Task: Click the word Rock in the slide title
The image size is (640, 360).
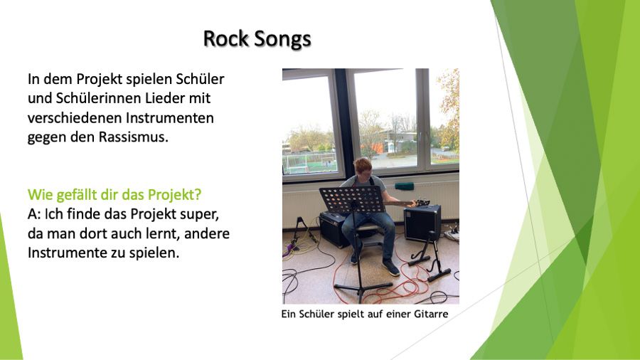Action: [x=225, y=39]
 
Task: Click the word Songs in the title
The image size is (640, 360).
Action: [x=282, y=40]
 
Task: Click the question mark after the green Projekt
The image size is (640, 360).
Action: [x=198, y=195]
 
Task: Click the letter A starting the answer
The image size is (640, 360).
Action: [x=32, y=214]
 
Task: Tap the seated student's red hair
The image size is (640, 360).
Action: [x=363, y=165]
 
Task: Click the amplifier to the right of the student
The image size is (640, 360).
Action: [x=422, y=223]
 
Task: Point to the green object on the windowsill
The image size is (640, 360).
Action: [x=404, y=186]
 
